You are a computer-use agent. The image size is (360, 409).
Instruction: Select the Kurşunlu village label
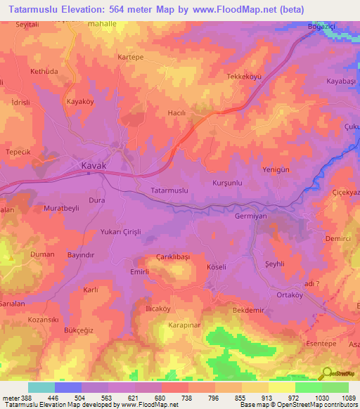point(227,183)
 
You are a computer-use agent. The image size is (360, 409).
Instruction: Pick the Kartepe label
point(131,56)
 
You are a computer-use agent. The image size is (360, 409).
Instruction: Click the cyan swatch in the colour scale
point(41,387)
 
